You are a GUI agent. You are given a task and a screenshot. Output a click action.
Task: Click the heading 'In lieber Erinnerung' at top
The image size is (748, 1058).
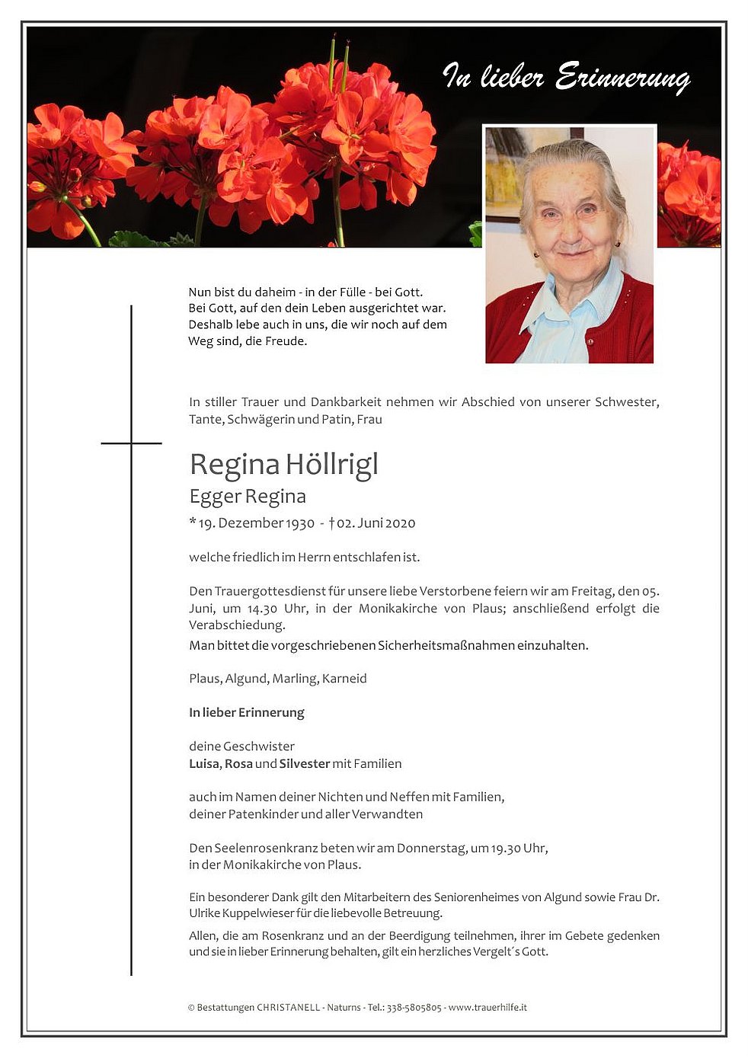[x=566, y=78]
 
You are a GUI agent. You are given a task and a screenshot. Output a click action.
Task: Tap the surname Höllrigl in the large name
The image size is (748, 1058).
[x=332, y=465]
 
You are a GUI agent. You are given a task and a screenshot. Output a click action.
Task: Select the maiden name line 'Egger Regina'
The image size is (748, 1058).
[x=248, y=497]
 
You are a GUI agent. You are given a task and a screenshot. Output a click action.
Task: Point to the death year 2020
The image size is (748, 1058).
[x=400, y=523]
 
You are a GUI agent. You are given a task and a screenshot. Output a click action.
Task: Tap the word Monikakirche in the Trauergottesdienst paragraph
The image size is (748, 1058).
[x=398, y=609]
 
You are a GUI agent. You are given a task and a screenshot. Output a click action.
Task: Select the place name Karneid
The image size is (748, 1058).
[x=344, y=679]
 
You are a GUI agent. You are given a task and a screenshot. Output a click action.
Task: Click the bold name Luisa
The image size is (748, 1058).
[x=204, y=764]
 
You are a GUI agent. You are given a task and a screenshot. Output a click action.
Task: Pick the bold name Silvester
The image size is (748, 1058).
[x=305, y=764]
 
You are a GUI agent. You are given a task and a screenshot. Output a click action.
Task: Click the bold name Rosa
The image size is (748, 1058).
[x=238, y=764]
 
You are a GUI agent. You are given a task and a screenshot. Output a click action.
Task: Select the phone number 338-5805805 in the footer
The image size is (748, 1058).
[x=414, y=1008]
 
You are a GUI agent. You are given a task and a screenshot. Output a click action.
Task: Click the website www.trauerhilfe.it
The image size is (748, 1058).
[x=487, y=1008]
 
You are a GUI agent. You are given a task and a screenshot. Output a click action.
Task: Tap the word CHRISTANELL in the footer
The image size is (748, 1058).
[x=289, y=1008]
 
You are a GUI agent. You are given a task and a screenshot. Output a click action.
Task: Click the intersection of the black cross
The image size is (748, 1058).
[x=131, y=443]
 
